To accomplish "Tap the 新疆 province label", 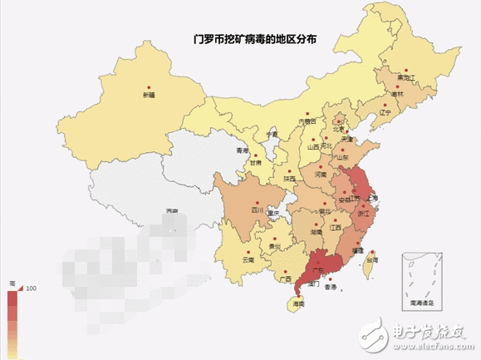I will click(x=149, y=96).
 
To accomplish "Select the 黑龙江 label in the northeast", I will click(x=405, y=78).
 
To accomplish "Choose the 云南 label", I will click(x=248, y=260).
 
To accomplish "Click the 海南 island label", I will click(x=297, y=305).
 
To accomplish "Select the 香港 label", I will click(x=331, y=287).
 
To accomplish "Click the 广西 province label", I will click(x=285, y=279).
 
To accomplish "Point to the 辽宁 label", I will click(x=385, y=112).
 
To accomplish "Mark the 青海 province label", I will click(x=243, y=150).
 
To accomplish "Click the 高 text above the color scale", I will click(x=12, y=283).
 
